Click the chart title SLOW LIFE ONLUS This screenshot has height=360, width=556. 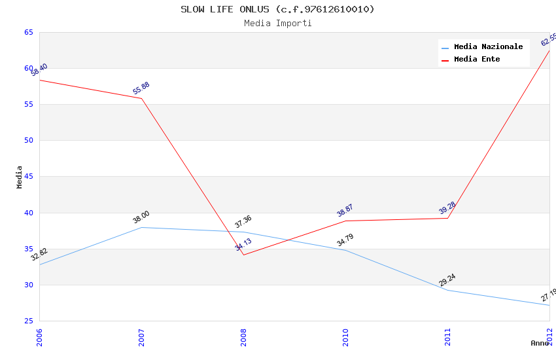pyautogui.click(x=277, y=9)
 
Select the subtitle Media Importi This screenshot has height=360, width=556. pyautogui.click(x=277, y=23)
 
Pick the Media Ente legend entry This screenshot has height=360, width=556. pyautogui.click(x=477, y=59)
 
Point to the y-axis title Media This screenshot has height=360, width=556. pyautogui.click(x=20, y=177)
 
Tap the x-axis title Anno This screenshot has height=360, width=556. pyautogui.click(x=540, y=343)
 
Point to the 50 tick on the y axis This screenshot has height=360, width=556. pyautogui.click(x=29, y=140)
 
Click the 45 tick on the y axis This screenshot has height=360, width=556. pyautogui.click(x=29, y=177)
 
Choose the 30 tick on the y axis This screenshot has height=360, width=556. pyautogui.click(x=29, y=285)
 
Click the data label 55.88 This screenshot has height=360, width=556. pyautogui.click(x=141, y=88)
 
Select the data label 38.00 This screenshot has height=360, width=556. pyautogui.click(x=141, y=217)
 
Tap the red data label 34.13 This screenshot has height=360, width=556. pyautogui.click(x=243, y=245)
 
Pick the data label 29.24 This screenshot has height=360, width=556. pyautogui.click(x=447, y=280)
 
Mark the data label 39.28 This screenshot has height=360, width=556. pyautogui.click(x=447, y=208)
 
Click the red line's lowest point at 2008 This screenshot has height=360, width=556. pyautogui.click(x=243, y=255)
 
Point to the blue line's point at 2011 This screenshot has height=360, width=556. pyautogui.click(x=447, y=290)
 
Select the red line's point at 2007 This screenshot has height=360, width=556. pyautogui.click(x=141, y=98)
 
